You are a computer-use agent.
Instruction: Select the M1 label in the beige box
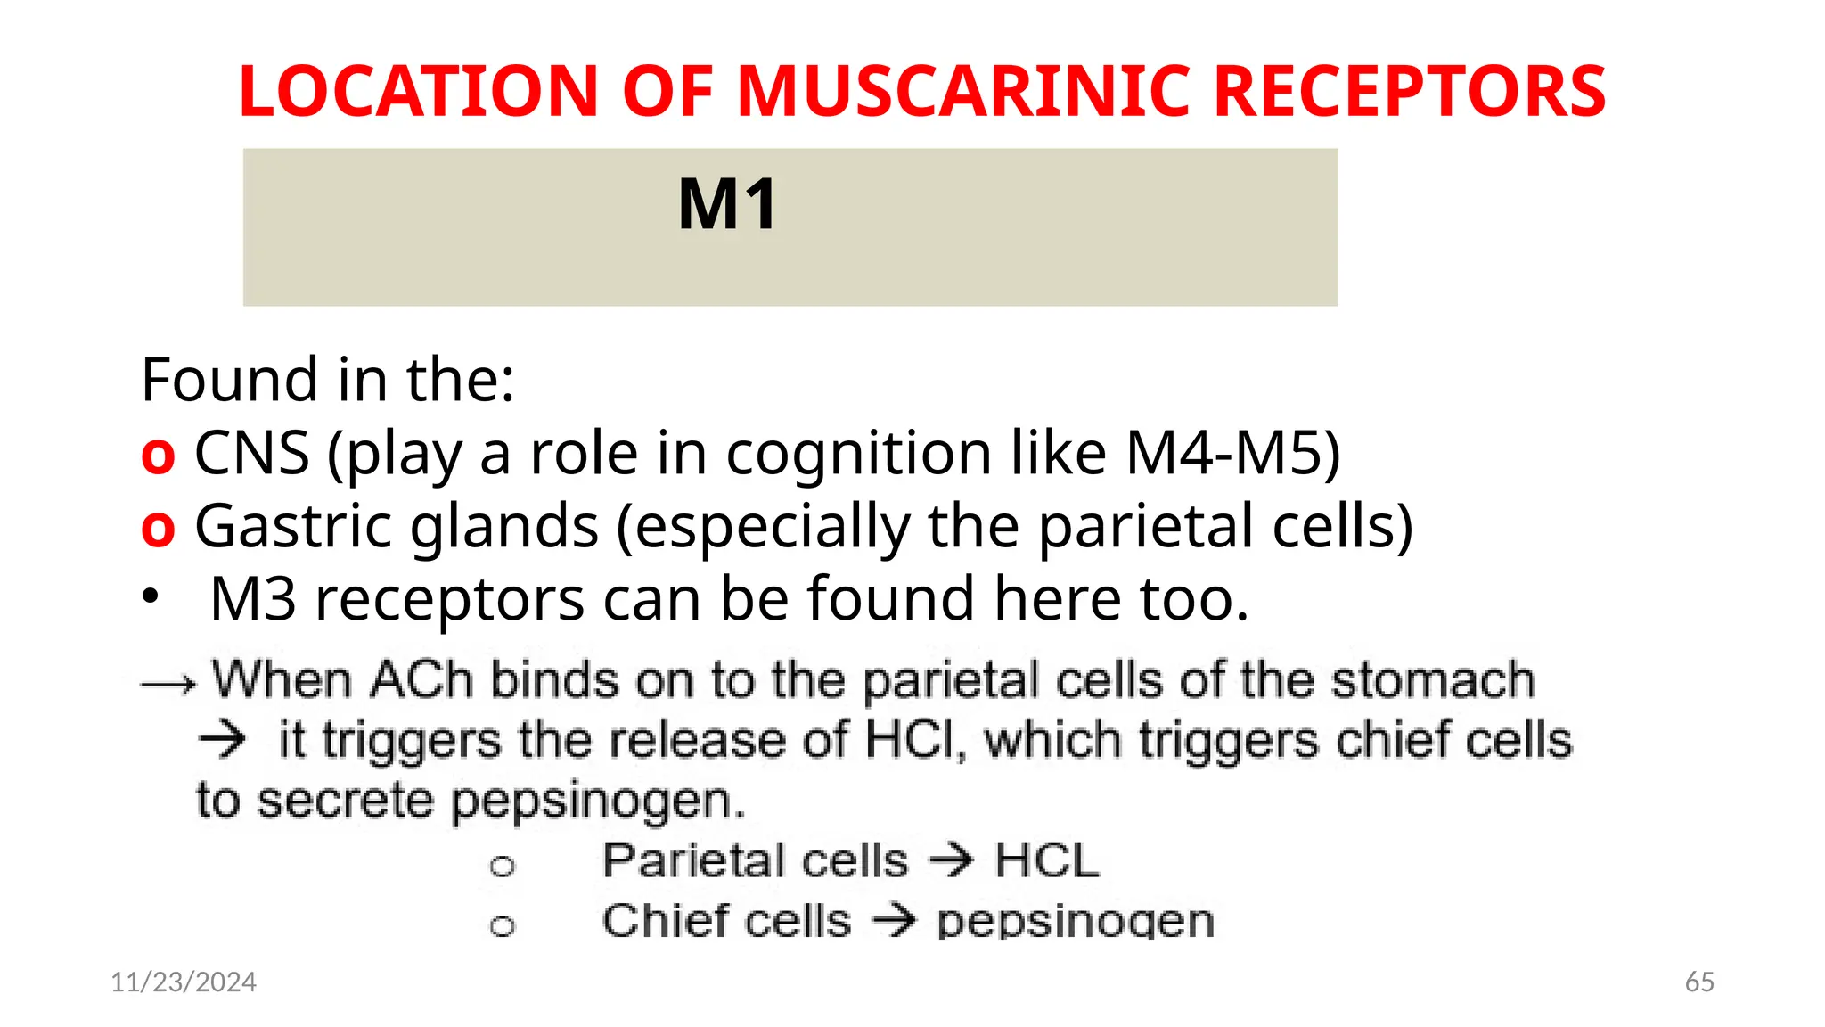click(728, 205)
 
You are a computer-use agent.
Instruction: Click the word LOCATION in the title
click(419, 92)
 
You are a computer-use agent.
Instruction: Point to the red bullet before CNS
click(158, 456)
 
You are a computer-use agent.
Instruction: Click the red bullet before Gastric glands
click(158, 529)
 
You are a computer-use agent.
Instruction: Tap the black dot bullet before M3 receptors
click(151, 596)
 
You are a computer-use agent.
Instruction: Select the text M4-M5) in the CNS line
click(1232, 453)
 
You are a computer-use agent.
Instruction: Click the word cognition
click(858, 453)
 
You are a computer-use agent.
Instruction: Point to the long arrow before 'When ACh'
click(168, 685)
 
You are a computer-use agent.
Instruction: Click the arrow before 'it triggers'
click(222, 739)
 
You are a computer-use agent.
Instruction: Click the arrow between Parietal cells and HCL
click(951, 860)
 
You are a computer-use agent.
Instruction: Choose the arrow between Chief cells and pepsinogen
click(894, 920)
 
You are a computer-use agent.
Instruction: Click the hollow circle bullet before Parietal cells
click(503, 866)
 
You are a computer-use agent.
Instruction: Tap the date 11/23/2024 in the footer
click(184, 982)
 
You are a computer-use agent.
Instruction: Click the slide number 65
click(1699, 982)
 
